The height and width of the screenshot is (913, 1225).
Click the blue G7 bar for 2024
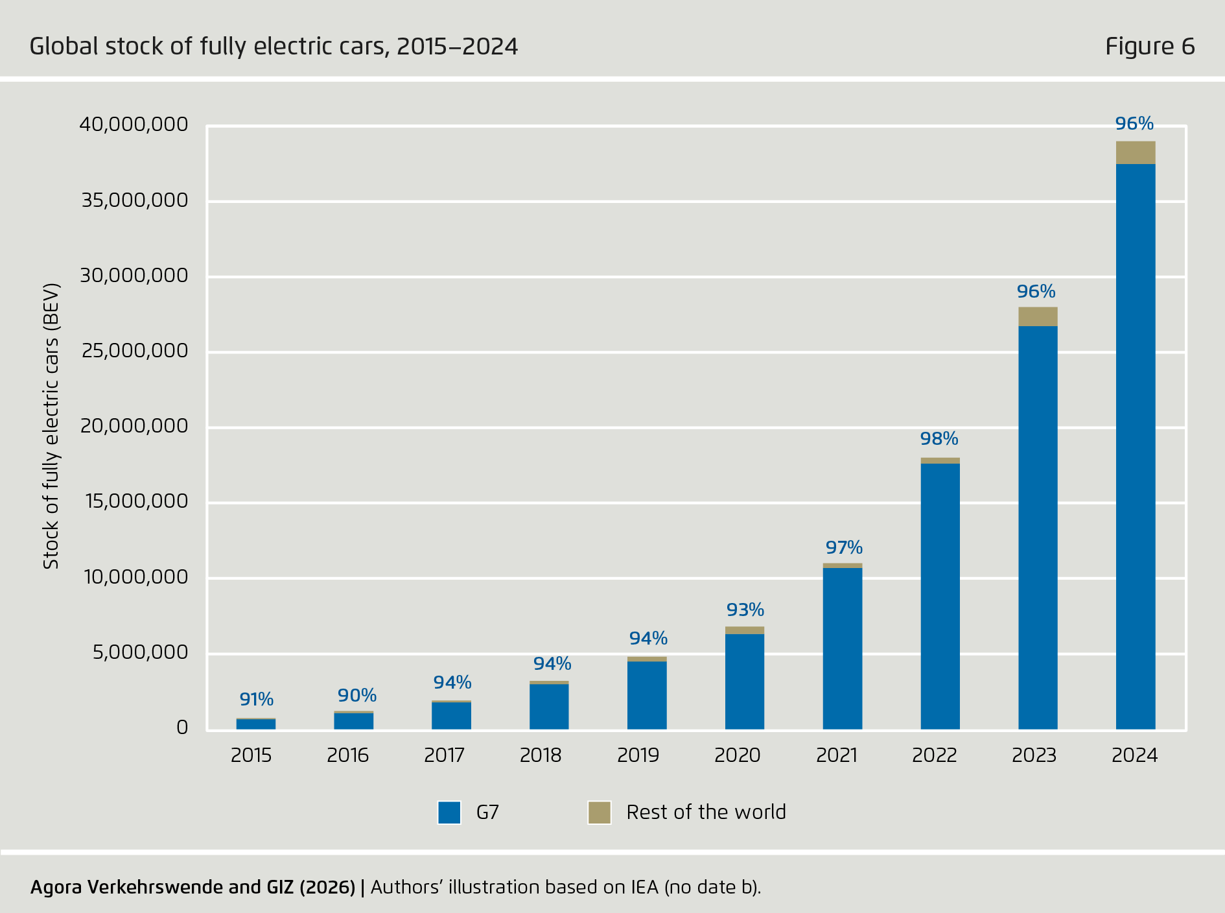coord(1135,447)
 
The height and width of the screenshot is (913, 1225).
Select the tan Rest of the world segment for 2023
coord(1037,316)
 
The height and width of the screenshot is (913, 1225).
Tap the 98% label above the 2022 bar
coord(939,439)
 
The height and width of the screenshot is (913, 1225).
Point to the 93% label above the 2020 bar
coord(745,610)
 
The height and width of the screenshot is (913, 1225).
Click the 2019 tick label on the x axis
coord(638,755)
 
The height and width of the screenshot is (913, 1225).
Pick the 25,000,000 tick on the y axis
coord(134,351)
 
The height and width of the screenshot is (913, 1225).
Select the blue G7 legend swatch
coord(449,812)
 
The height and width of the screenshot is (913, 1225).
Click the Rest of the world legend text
coord(705,812)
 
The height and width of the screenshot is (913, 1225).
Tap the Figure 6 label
coord(1149,47)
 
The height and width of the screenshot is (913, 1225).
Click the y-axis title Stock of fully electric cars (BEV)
coord(51,426)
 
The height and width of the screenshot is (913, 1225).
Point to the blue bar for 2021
coord(842,648)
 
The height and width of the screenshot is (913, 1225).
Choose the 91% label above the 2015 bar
coord(256,700)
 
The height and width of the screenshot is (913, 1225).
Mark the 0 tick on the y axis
coord(182,728)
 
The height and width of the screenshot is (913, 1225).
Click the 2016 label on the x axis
coord(347,755)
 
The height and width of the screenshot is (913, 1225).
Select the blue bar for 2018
coord(548,707)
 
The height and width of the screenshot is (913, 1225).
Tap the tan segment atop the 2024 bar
coord(1135,152)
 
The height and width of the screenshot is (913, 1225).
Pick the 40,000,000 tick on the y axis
coord(134,124)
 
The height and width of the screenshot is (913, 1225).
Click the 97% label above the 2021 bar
coord(843,548)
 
